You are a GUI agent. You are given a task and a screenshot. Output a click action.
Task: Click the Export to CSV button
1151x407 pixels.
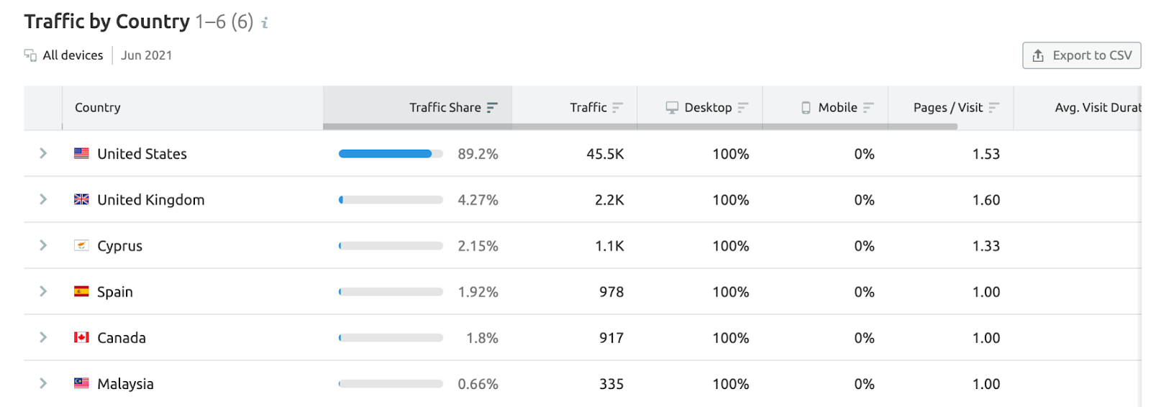click(1081, 55)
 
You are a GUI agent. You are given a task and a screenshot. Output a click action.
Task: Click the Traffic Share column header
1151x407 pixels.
click(445, 107)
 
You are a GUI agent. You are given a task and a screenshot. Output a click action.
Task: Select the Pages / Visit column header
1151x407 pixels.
click(947, 107)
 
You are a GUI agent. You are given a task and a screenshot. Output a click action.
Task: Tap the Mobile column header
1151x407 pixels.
click(837, 107)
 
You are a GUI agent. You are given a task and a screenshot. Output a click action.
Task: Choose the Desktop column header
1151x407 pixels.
click(707, 107)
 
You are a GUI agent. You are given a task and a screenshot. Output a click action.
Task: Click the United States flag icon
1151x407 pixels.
click(81, 153)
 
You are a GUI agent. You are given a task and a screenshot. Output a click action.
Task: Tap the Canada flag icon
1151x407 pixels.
click(81, 337)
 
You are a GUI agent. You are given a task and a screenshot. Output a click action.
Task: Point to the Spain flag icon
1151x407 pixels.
click(81, 291)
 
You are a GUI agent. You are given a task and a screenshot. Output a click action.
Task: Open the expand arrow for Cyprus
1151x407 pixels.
click(43, 245)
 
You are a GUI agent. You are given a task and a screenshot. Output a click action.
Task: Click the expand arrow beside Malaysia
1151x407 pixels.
click(43, 383)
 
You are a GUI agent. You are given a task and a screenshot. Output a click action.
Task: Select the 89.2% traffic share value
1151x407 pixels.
click(478, 154)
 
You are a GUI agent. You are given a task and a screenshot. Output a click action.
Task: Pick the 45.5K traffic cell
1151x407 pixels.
click(605, 154)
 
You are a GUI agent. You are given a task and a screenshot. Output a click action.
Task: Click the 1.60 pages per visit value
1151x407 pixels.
click(986, 200)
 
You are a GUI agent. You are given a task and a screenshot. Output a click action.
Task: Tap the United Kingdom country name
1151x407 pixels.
click(150, 200)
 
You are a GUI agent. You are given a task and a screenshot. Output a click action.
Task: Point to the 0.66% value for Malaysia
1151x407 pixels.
click(478, 384)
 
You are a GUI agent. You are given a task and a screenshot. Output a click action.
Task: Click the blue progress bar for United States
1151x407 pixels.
click(386, 154)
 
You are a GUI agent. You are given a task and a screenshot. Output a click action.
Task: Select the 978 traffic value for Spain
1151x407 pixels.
click(611, 292)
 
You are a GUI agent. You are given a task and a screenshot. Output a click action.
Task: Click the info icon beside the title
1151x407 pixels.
click(265, 23)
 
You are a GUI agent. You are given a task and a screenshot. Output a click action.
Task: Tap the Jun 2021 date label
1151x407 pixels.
click(146, 55)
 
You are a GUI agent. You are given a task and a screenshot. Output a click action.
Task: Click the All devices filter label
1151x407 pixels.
click(72, 55)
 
